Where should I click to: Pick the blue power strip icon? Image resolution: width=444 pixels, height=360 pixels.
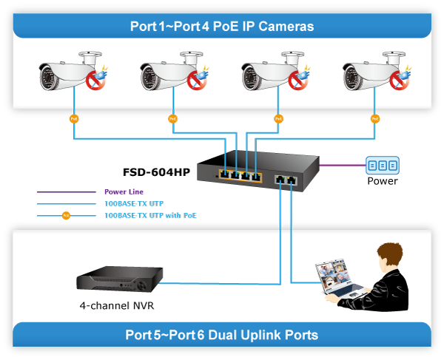[382, 166]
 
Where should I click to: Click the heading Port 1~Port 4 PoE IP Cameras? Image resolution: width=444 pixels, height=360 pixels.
[222, 27]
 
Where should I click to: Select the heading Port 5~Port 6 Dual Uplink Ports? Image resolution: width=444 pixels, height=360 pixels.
[222, 335]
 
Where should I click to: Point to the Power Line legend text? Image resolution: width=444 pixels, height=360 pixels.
[124, 192]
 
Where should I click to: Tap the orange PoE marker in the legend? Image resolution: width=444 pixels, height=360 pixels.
[66, 216]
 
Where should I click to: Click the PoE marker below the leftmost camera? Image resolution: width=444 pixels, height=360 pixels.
[73, 118]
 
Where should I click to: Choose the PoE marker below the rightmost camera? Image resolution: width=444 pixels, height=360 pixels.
[375, 118]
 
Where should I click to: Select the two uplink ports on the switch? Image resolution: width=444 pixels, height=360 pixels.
[286, 180]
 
